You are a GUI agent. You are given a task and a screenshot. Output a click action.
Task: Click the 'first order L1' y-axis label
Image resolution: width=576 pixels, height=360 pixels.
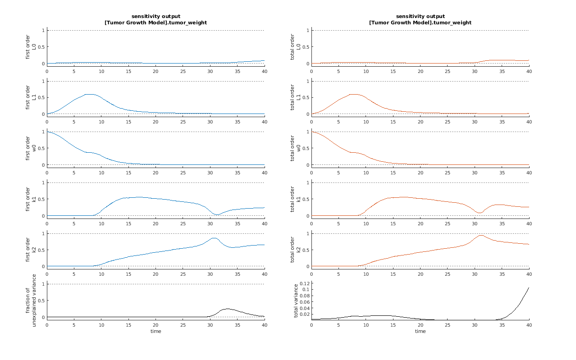click(x=31, y=98)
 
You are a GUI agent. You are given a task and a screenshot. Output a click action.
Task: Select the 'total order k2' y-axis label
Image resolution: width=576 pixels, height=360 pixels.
click(x=295, y=250)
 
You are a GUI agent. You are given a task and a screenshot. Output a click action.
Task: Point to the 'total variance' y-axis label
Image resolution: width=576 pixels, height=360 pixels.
click(x=296, y=301)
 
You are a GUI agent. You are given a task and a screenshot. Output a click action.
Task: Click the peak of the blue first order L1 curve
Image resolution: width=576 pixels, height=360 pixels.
click(x=89, y=94)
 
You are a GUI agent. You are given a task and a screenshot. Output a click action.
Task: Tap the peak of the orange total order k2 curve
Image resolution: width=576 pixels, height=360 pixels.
click(x=481, y=235)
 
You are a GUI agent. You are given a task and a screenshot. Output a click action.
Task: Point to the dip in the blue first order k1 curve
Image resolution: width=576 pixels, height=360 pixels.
click(x=216, y=214)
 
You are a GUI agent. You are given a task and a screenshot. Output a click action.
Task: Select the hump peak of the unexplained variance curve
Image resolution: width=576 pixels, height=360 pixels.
click(x=227, y=309)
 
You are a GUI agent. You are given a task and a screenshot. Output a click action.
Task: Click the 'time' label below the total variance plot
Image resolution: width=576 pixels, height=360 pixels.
click(x=420, y=331)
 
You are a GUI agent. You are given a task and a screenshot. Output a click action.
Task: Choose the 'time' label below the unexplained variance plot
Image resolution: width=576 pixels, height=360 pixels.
click(x=155, y=331)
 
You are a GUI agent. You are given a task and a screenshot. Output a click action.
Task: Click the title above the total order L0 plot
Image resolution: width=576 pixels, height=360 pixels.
click(x=420, y=19)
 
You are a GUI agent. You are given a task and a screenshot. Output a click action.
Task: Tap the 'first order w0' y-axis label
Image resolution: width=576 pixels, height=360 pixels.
click(x=31, y=148)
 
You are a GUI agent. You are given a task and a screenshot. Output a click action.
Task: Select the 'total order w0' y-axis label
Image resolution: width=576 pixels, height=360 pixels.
click(x=295, y=148)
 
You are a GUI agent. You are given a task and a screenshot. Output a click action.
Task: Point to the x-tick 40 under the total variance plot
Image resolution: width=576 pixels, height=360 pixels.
click(x=529, y=325)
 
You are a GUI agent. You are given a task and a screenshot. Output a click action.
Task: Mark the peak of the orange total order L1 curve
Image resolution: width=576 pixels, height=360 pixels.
click(x=354, y=94)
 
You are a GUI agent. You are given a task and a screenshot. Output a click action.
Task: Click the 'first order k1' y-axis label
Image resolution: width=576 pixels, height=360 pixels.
click(x=31, y=199)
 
